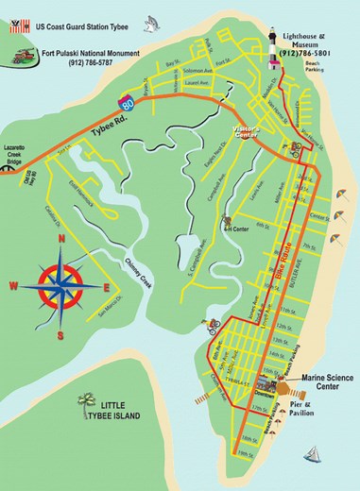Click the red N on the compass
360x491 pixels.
[61, 239]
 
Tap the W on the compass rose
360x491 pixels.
[13, 285]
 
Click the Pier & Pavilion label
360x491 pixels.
[322, 408]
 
